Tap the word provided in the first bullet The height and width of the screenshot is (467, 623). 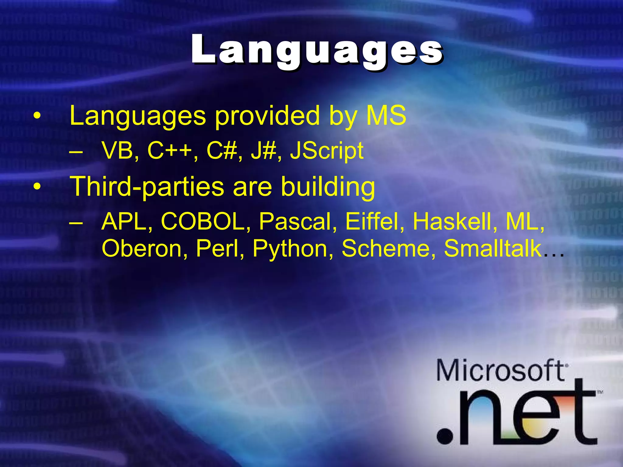pyautogui.click(x=267, y=116)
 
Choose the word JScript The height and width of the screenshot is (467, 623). pyautogui.click(x=327, y=151)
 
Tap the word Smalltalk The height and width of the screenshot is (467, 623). pyautogui.click(x=492, y=249)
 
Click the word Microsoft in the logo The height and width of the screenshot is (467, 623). pyautogui.click(x=500, y=370)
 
